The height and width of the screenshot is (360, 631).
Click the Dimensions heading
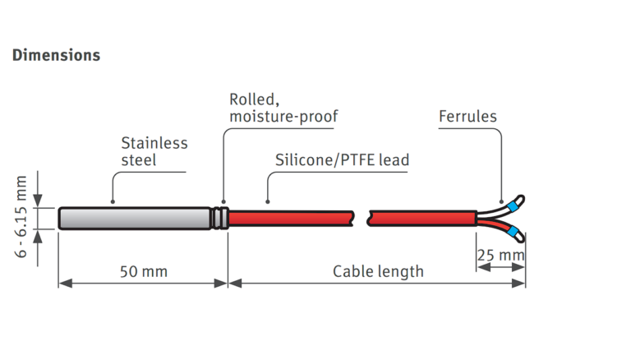tap(56, 55)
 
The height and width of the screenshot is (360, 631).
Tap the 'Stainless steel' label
tap(154, 150)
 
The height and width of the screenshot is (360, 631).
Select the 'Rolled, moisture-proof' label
tap(283, 108)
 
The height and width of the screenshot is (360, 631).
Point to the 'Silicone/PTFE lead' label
tap(341, 159)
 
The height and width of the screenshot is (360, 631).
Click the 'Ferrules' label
tap(467, 116)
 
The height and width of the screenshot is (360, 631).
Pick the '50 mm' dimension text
tap(142, 270)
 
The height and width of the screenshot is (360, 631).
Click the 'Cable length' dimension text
tap(378, 270)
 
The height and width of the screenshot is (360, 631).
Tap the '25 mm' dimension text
tap(500, 256)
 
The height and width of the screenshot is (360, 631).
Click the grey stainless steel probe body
tap(131, 219)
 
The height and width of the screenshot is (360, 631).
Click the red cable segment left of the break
tap(292, 219)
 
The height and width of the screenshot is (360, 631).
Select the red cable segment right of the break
tap(423, 219)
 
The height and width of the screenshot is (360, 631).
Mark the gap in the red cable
tap(362, 219)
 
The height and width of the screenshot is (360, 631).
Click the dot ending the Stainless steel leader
tap(113, 201)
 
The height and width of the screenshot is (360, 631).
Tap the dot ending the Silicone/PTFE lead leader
tap(267, 201)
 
